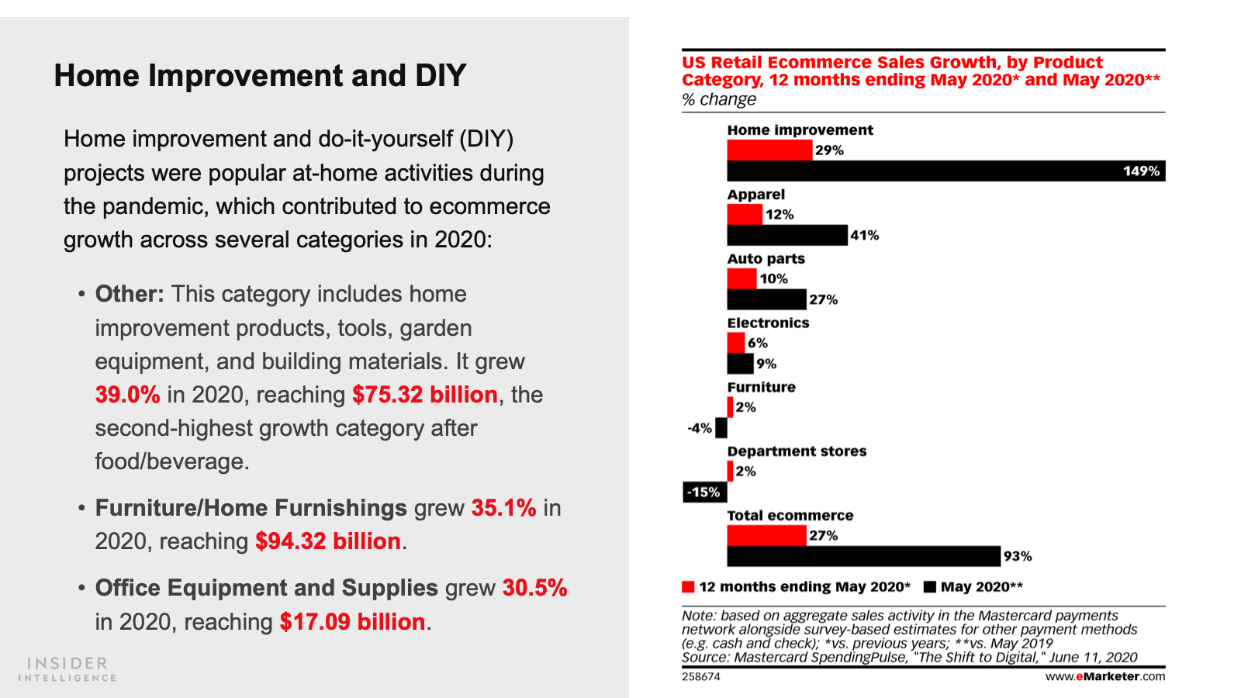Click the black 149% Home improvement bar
(x=945, y=171)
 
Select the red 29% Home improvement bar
(x=769, y=150)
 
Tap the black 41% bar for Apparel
(x=786, y=235)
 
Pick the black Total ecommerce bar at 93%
(x=863, y=556)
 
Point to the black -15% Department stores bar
(x=704, y=492)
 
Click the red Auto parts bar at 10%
(x=741, y=278)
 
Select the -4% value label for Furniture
(x=700, y=428)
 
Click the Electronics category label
(x=768, y=323)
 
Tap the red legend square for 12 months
(x=688, y=586)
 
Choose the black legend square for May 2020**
(x=930, y=586)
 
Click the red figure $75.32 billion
(x=424, y=395)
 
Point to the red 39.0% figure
(x=127, y=395)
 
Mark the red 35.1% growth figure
(x=503, y=508)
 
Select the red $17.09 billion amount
(x=352, y=622)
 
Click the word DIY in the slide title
(x=440, y=76)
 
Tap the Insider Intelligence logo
(x=67, y=669)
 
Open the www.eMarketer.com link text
(x=1104, y=676)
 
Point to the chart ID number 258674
(x=701, y=676)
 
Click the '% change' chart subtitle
(x=718, y=99)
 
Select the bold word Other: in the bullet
(x=130, y=294)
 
